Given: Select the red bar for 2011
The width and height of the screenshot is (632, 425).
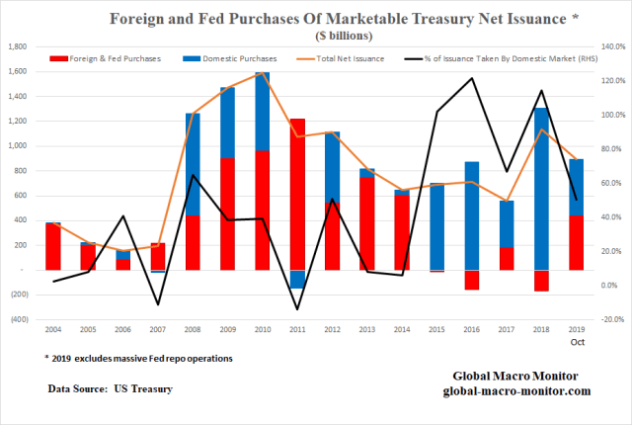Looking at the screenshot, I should [x=297, y=194].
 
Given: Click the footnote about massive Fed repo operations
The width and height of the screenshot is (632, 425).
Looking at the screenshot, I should [x=137, y=358].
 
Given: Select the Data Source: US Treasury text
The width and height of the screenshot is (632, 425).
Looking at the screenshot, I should [x=110, y=389].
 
